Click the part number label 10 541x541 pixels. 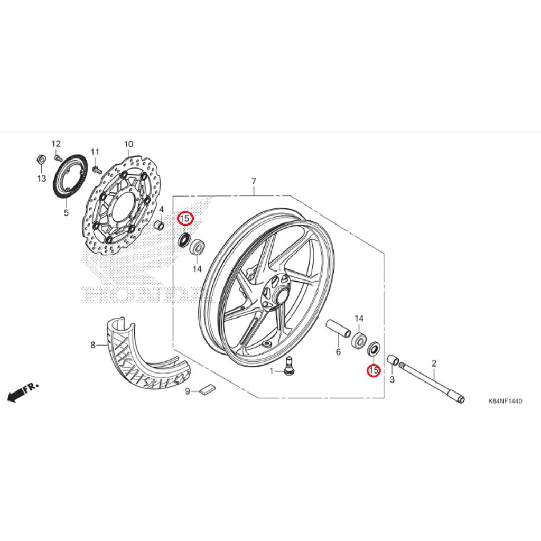point(128,144)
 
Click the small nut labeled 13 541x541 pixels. point(41,158)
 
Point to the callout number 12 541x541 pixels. point(56,144)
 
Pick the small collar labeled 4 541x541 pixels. point(158,226)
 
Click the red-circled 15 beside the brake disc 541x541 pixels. point(185,218)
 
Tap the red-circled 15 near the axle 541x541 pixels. point(374,370)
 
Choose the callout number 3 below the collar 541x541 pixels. point(393,379)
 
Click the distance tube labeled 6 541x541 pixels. point(338,328)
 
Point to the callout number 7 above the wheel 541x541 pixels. point(254,182)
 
